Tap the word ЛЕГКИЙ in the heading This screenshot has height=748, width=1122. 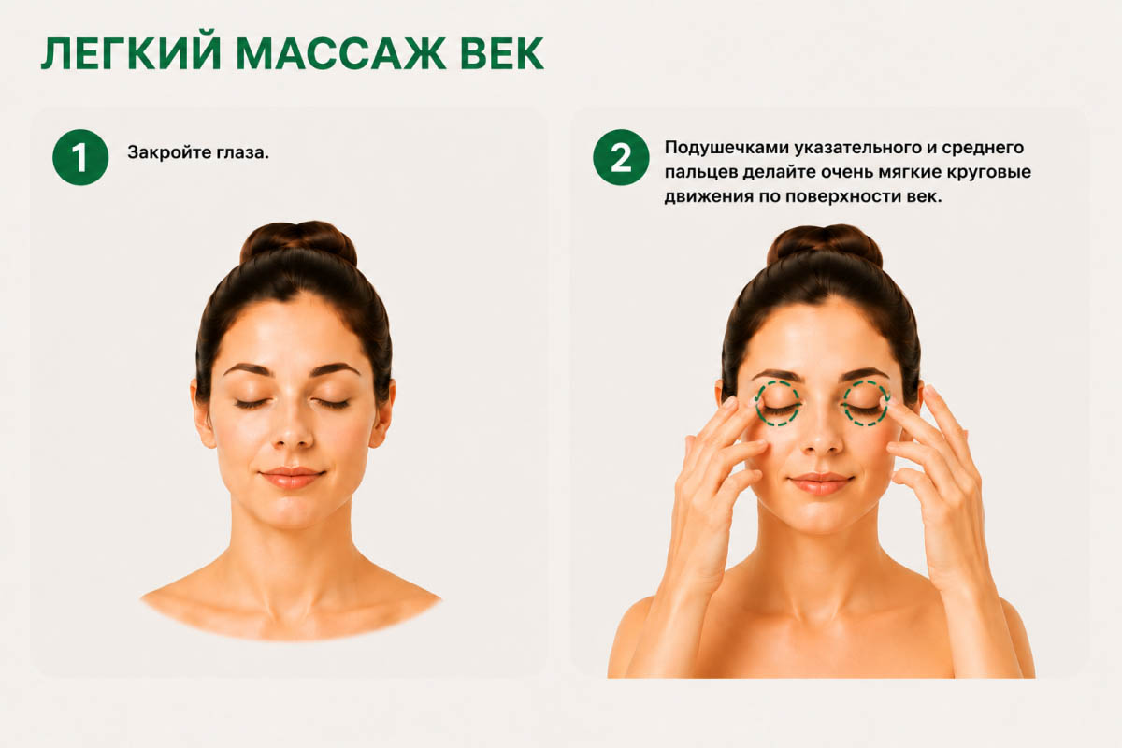[x=131, y=53]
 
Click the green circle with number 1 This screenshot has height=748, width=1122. [x=80, y=157]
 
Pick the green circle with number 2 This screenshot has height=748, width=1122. [x=621, y=157]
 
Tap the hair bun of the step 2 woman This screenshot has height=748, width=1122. [x=825, y=244]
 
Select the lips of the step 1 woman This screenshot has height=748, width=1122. [x=292, y=477]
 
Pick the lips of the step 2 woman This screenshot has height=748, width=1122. [x=821, y=483]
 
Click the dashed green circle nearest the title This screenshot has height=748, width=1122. [x=756, y=403]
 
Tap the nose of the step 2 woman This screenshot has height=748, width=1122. [x=822, y=437]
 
